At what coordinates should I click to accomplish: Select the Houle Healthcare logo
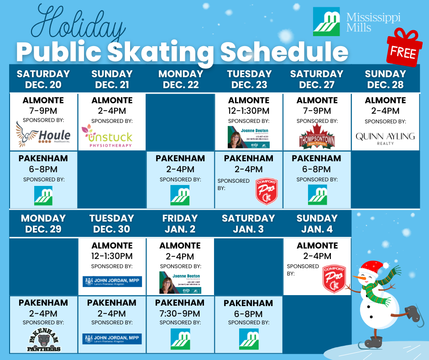point(43,135)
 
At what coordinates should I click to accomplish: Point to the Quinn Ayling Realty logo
point(385,138)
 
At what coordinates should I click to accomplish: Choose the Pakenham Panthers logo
point(43,340)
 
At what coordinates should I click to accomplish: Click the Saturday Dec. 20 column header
point(43,79)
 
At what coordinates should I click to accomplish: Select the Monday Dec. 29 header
point(43,223)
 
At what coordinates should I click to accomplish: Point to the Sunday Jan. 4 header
point(317,223)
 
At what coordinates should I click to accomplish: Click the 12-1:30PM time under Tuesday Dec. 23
point(249,111)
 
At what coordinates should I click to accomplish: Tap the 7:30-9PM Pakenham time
point(180,313)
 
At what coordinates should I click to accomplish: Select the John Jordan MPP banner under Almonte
point(112,281)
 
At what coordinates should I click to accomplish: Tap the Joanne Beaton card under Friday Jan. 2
point(180,282)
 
